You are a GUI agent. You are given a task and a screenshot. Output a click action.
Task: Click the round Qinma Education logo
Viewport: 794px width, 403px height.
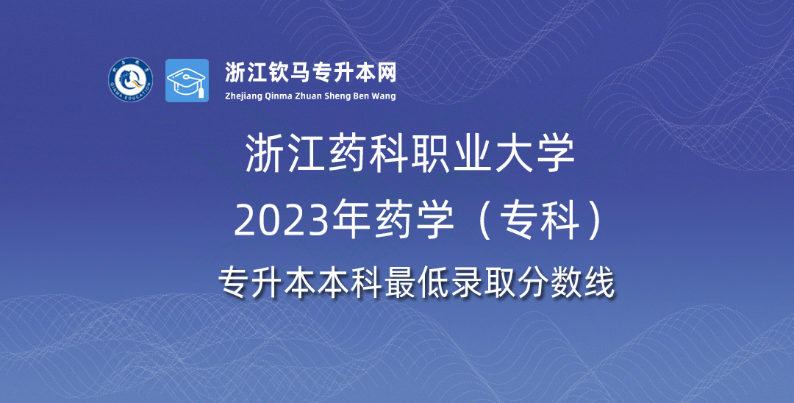click(130, 80)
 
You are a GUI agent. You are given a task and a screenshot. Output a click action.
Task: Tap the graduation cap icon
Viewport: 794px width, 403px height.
click(187, 80)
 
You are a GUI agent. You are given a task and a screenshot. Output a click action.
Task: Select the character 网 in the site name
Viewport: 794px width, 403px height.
click(387, 73)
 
